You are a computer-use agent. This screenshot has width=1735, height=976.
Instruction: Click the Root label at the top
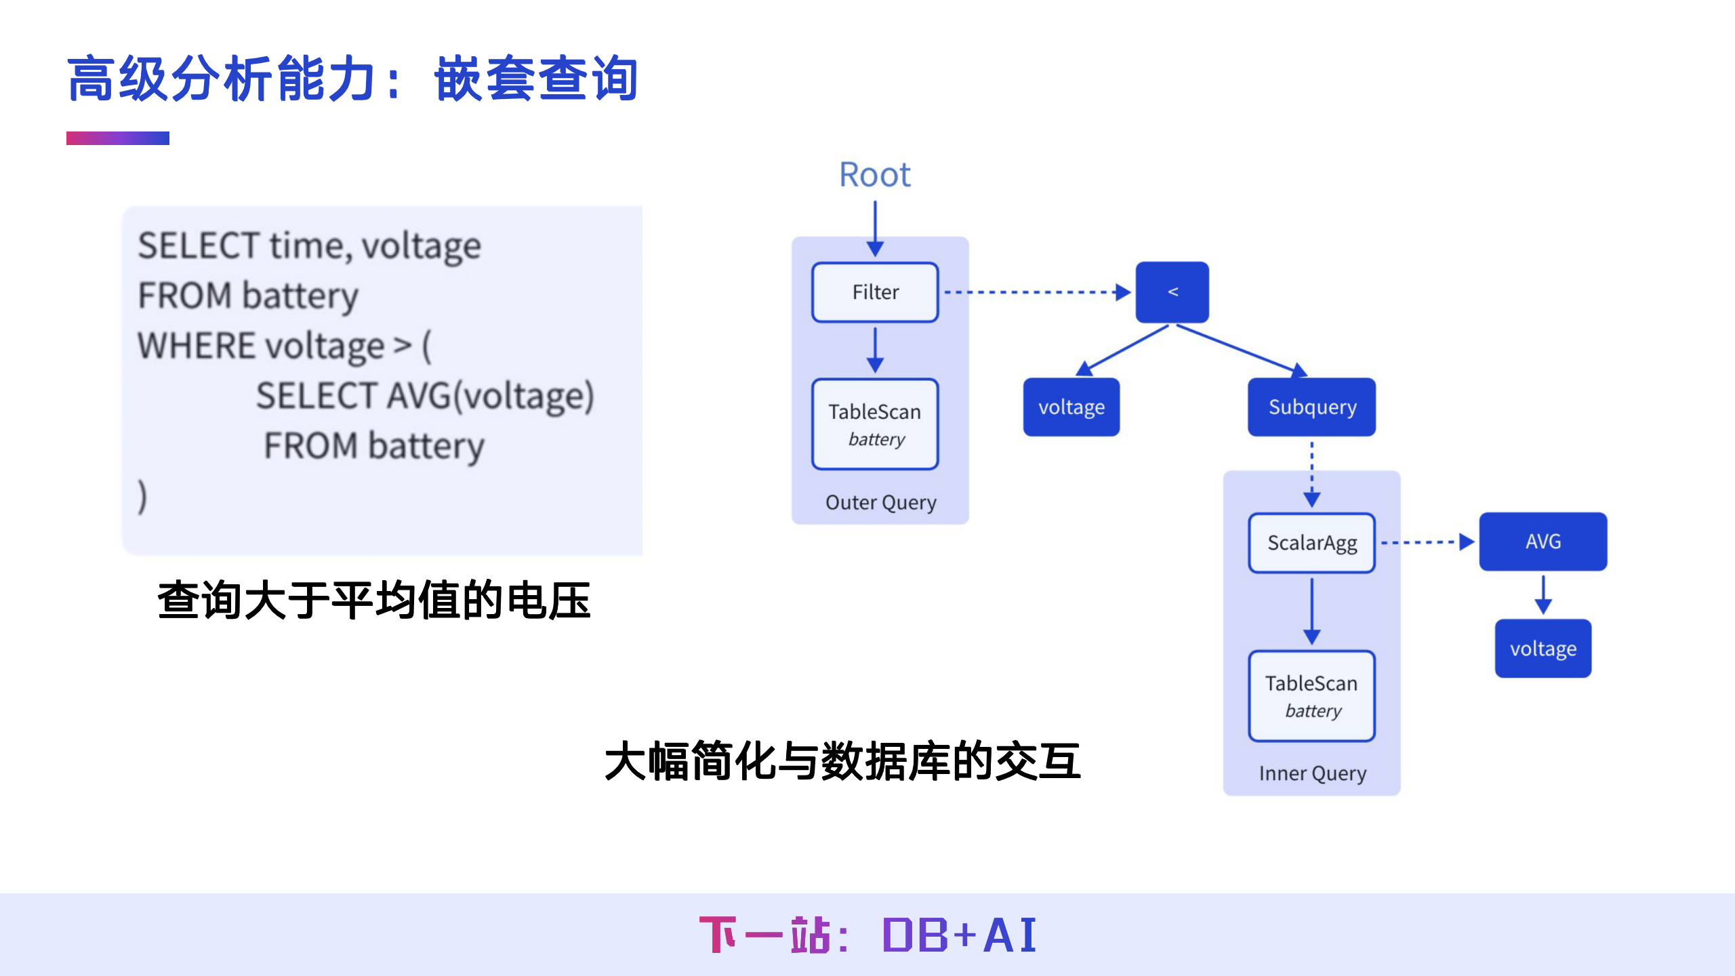874,175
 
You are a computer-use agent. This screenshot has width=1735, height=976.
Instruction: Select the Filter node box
875,292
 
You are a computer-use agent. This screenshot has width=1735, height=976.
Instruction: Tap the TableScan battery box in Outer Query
875,424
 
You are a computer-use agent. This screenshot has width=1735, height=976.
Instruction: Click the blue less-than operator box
1172,292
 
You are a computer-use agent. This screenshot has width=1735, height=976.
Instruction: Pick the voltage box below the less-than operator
1071,407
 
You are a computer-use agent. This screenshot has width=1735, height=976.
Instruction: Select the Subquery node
1311,407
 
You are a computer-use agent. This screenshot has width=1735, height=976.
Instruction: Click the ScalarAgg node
1311,543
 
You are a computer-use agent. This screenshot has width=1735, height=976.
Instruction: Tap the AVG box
1543,542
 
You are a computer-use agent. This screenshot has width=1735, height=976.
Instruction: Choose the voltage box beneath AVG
1543,649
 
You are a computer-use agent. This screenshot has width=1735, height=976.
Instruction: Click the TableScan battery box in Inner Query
1311,696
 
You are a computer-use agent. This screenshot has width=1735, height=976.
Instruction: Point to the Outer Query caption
880,502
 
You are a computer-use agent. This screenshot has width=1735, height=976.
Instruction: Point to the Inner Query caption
1312,773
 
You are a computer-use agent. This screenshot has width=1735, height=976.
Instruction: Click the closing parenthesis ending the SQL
142,496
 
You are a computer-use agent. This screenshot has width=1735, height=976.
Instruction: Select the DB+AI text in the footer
959,935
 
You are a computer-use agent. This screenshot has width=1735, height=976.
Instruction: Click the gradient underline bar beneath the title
118,138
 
